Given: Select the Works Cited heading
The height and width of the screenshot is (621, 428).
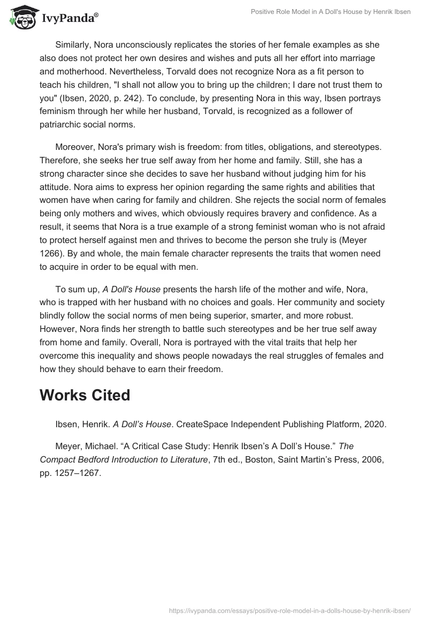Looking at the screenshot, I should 85,395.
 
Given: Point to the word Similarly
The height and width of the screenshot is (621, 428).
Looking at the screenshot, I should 73,44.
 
